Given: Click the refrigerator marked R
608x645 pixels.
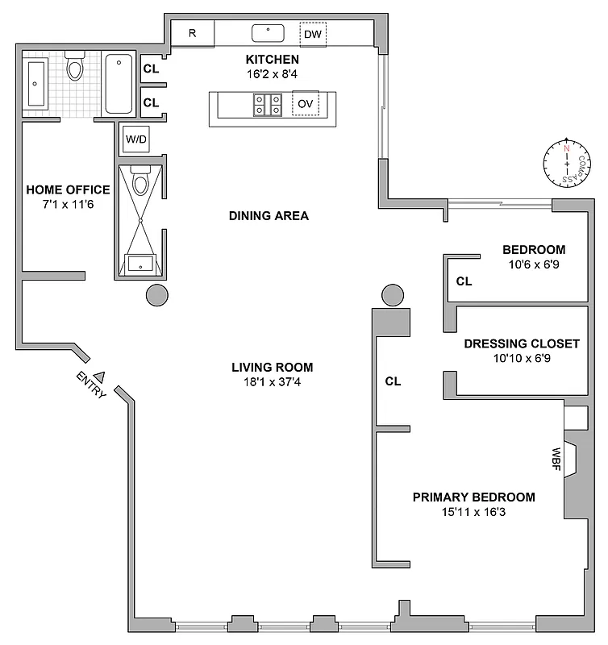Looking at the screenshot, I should [193, 34].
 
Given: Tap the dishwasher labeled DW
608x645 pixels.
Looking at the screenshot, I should [313, 34].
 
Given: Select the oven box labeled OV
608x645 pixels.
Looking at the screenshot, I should [305, 104].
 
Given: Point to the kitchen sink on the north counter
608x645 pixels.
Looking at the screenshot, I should [268, 33].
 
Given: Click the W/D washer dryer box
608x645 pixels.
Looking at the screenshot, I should [135, 139].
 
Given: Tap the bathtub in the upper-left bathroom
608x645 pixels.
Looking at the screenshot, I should [119, 83].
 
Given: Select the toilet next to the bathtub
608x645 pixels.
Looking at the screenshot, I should [75, 68].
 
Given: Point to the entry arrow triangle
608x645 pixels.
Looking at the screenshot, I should [100, 375].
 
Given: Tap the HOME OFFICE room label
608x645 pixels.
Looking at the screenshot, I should [68, 190].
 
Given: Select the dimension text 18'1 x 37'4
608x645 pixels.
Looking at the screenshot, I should [272, 382].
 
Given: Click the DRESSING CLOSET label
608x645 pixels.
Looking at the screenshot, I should [521, 343].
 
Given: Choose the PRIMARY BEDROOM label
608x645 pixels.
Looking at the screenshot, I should [473, 497].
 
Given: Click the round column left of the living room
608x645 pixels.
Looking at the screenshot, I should [157, 295].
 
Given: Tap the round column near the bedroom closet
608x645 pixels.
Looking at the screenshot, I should [393, 295].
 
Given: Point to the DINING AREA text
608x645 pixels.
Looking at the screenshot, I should [269, 216].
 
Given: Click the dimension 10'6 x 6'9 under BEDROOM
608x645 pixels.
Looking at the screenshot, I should [533, 264].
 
